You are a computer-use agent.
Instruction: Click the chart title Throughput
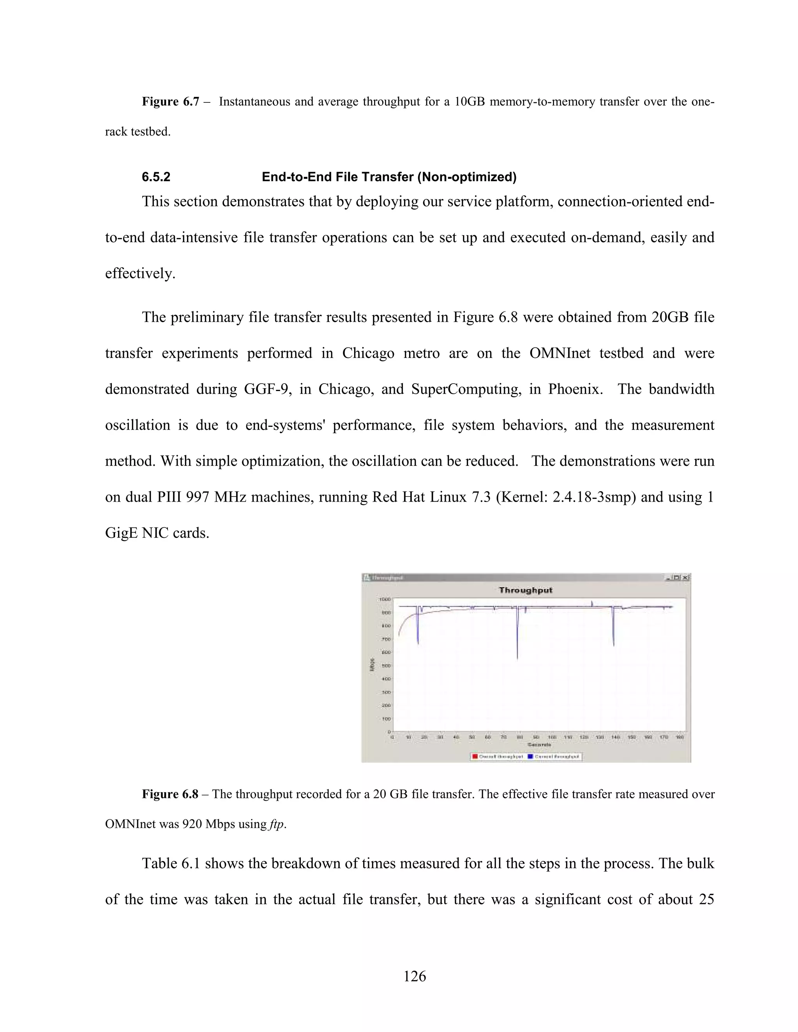525,590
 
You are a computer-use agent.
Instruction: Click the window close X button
686,578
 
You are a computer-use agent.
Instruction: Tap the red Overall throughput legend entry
497,757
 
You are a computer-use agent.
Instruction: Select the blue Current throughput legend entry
553,757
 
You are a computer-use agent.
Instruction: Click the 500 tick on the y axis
385,665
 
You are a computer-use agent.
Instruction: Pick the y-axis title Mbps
373,664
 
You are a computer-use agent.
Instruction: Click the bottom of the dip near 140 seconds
613,645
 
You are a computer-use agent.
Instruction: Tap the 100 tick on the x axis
552,737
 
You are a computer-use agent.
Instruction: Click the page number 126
415,976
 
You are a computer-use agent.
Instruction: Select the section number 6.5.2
156,177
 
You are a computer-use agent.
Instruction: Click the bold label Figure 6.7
170,102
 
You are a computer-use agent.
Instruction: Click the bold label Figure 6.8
170,794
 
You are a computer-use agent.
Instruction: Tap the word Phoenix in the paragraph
574,389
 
